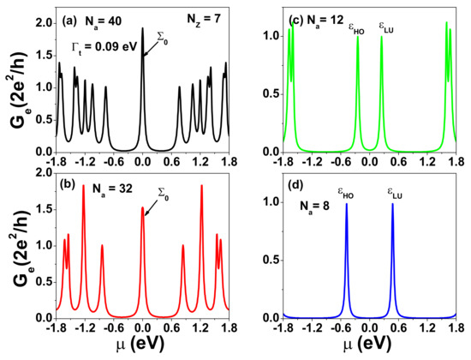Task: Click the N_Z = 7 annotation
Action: coord(200,18)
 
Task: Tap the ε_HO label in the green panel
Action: coord(355,27)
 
